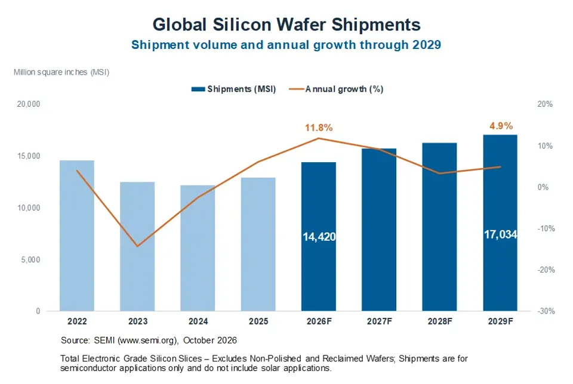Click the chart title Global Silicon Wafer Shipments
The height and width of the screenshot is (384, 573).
(286, 25)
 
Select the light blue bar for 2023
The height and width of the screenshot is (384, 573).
(137, 246)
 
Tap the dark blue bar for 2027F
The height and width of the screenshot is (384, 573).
(379, 230)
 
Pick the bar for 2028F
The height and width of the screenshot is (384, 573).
(440, 227)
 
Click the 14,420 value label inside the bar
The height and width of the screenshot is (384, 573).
(319, 237)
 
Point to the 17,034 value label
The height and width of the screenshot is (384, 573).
(500, 234)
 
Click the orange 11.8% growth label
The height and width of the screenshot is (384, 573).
(319, 128)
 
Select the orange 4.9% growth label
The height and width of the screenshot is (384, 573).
(501, 126)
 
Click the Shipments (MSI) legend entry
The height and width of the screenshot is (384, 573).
(233, 89)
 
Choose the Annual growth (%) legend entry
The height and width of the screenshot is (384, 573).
(336, 89)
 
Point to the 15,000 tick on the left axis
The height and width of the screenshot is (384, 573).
(29, 156)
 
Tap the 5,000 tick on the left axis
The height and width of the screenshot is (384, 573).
(30, 259)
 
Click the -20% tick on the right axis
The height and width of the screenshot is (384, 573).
(546, 270)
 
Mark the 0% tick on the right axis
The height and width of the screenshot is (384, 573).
(543, 187)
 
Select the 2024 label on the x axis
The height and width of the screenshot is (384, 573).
(198, 321)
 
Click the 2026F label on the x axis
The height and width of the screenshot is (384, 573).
(319, 321)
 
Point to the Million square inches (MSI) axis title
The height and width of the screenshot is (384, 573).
(61, 72)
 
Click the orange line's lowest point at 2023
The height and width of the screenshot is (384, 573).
(137, 246)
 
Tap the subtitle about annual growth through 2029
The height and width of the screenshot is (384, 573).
(286, 45)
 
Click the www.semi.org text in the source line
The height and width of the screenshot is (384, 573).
(147, 340)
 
